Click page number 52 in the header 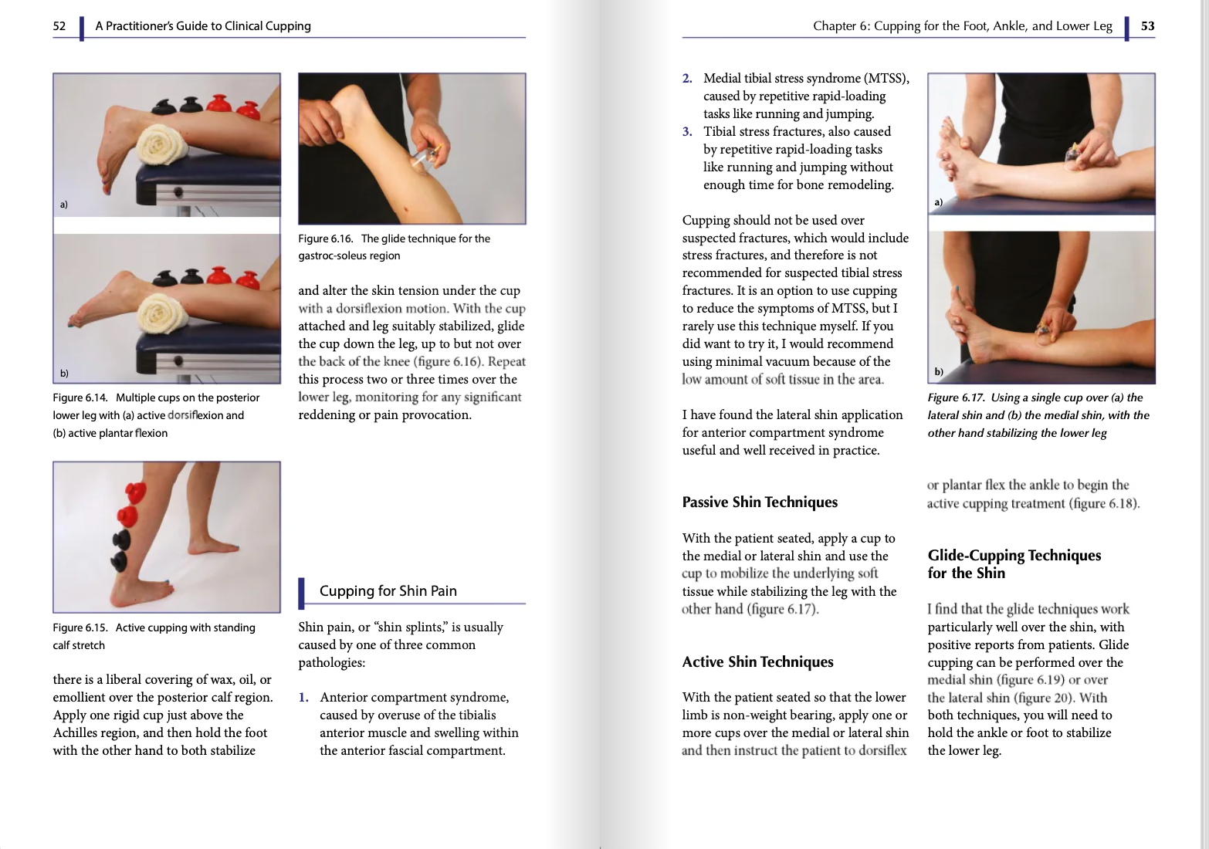(59, 26)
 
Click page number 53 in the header (1147, 26)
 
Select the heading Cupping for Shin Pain (388, 591)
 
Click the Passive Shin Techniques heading (759, 502)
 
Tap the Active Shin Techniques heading (757, 662)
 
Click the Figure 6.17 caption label (956, 398)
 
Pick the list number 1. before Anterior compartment (304, 698)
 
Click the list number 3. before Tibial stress (687, 132)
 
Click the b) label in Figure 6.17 (939, 372)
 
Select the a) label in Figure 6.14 (64, 205)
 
